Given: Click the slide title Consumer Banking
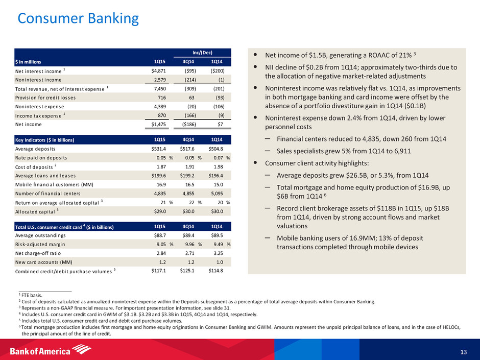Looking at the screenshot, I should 78,19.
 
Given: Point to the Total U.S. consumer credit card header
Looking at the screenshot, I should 64,227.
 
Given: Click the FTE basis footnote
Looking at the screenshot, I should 30,294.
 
